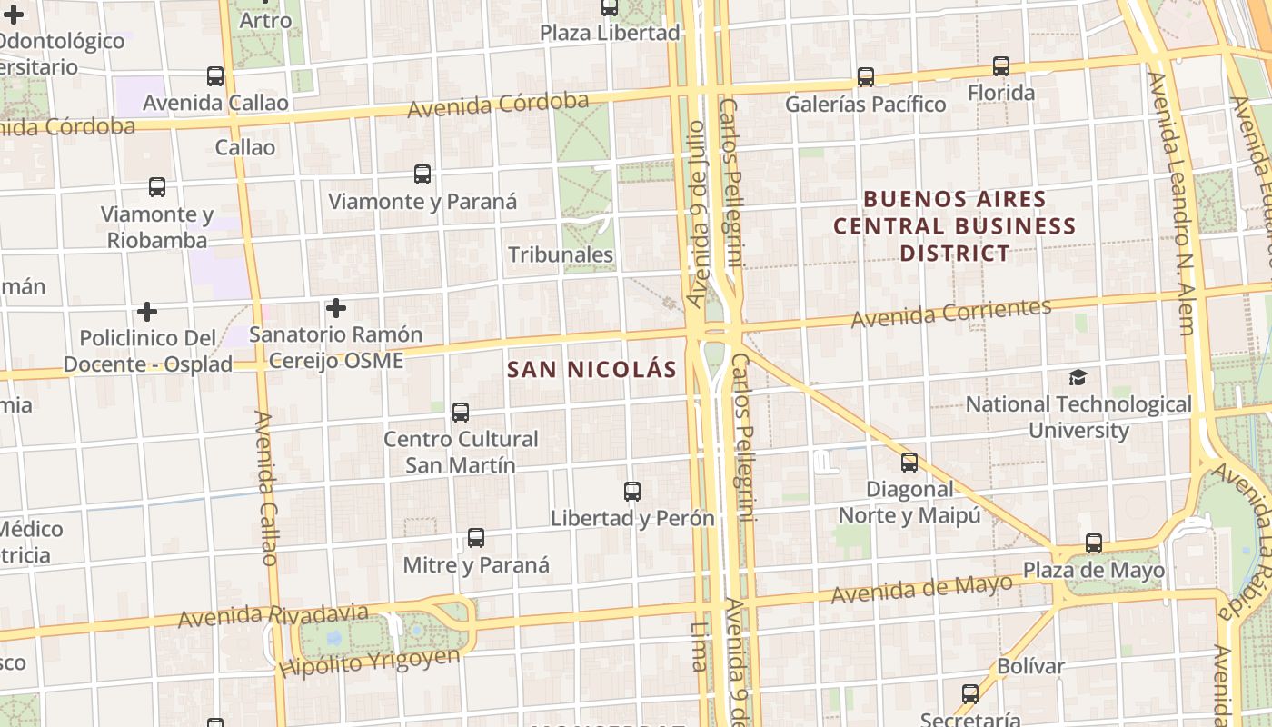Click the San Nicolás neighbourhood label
(x=591, y=369)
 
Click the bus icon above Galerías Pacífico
(x=866, y=77)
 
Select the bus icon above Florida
(x=1000, y=66)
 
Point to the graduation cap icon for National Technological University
(x=1078, y=377)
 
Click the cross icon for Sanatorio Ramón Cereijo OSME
(x=336, y=308)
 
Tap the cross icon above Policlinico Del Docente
(x=147, y=312)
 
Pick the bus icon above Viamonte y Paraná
(x=422, y=174)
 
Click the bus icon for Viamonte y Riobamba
(x=157, y=187)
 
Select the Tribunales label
(x=561, y=254)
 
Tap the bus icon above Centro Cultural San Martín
(x=461, y=413)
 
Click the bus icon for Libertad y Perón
(x=632, y=492)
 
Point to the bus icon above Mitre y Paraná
(x=476, y=538)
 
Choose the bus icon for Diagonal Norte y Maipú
(x=909, y=463)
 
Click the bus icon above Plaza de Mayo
(x=1094, y=543)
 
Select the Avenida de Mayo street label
(x=921, y=590)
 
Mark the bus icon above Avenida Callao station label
(x=215, y=76)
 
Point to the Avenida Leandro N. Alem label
(x=1173, y=204)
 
